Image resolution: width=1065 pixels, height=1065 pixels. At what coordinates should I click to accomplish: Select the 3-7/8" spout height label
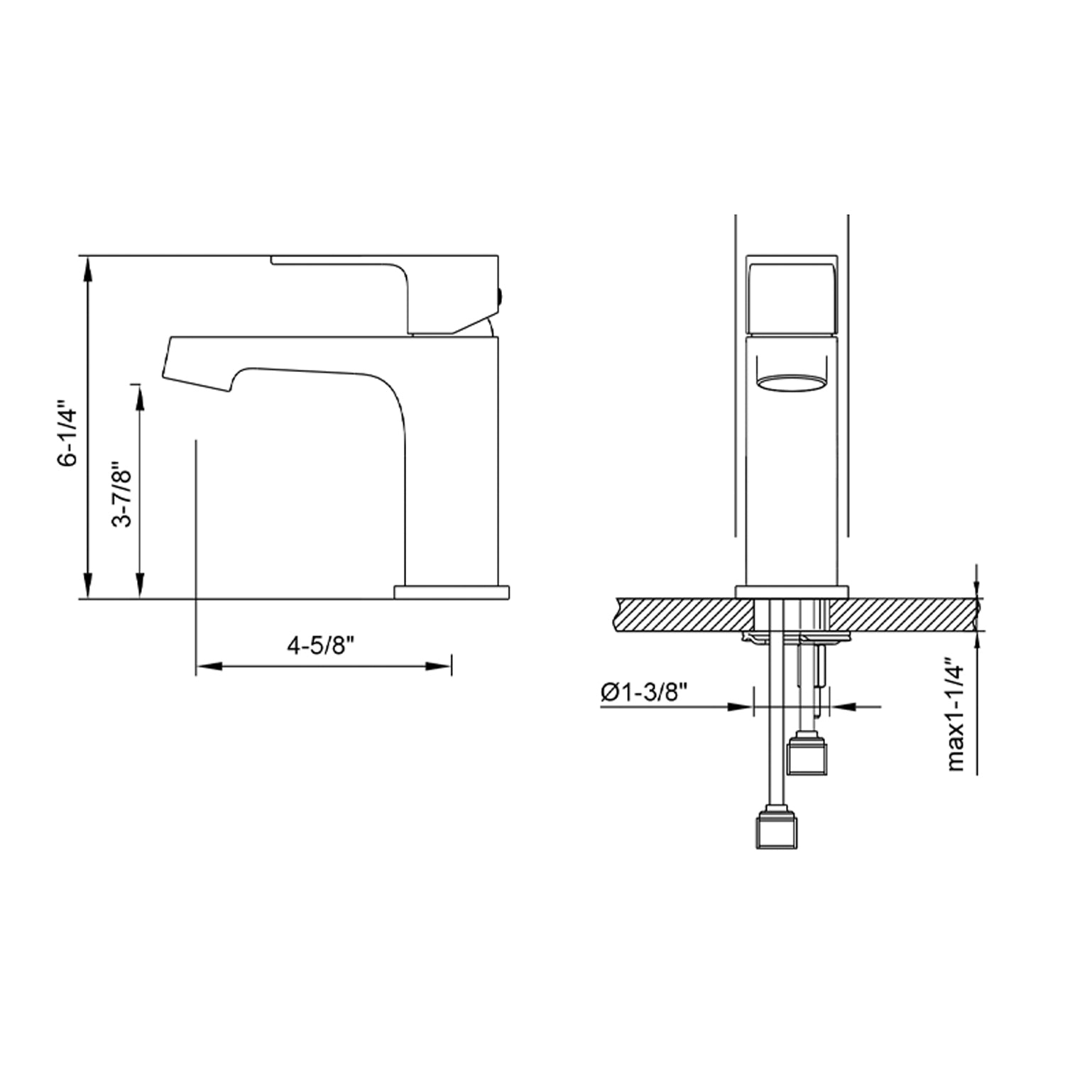tap(122, 496)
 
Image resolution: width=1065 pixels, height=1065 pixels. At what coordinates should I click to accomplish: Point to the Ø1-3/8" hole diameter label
tap(645, 692)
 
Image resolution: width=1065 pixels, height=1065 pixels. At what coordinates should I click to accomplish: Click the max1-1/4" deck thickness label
tap(956, 717)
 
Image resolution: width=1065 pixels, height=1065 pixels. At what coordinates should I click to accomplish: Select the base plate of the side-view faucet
tap(452, 592)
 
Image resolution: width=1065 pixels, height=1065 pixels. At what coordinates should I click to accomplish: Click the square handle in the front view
tap(792, 296)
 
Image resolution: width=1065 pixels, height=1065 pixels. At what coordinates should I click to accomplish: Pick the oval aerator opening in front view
tap(792, 383)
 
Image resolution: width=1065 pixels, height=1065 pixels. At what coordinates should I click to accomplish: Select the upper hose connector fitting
tap(809, 755)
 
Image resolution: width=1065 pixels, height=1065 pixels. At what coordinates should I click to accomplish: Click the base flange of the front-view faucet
tap(792, 591)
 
